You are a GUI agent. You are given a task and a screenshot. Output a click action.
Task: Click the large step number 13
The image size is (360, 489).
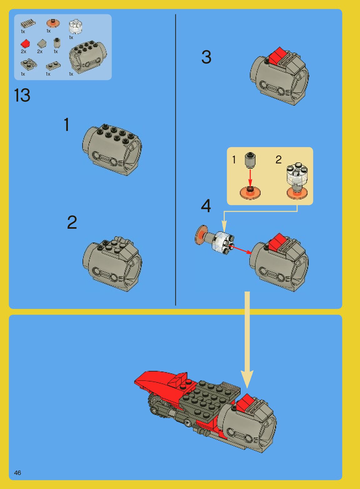22,95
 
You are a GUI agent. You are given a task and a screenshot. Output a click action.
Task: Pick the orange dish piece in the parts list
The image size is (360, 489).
53,23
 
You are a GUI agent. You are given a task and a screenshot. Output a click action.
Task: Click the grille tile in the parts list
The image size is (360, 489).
28,24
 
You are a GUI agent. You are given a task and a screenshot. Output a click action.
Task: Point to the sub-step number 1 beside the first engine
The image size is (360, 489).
67,124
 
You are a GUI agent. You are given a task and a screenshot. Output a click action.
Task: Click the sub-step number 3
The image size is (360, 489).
206,57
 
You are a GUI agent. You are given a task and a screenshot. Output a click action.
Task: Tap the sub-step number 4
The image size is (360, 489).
206,206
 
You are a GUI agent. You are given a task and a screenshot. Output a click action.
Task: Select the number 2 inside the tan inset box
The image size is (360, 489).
278,160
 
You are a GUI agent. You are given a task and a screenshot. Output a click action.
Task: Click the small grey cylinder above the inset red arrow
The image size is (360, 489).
250,160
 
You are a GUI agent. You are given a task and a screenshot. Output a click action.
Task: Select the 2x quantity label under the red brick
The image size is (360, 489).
23,52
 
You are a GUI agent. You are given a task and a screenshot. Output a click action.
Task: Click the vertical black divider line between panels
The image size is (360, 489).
175,160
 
